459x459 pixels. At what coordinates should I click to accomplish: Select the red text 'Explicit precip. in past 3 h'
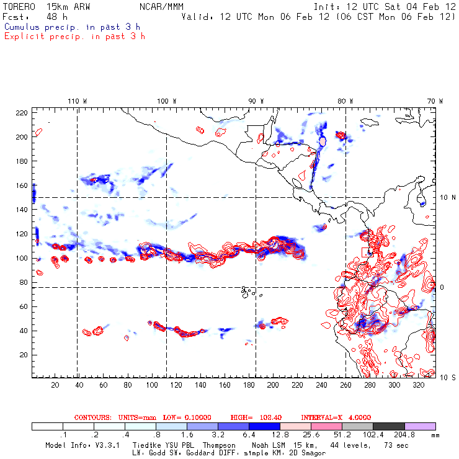click(74, 36)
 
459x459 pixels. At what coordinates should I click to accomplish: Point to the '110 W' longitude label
click(77, 100)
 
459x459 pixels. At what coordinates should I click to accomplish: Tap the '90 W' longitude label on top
click(256, 100)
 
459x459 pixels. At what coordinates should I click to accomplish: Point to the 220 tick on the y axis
click(22, 112)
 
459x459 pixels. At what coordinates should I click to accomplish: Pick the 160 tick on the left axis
click(22, 185)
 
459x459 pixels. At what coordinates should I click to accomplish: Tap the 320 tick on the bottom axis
click(418, 385)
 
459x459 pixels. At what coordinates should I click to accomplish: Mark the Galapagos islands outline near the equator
click(247, 290)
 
